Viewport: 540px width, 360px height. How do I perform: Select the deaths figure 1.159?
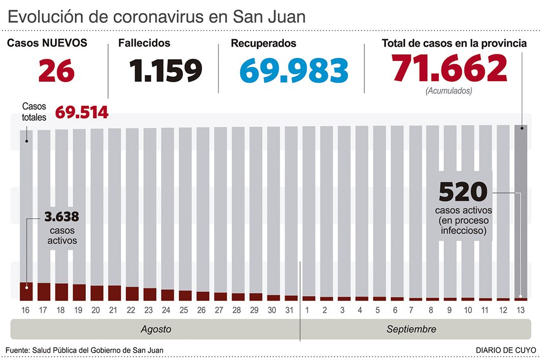click(x=165, y=71)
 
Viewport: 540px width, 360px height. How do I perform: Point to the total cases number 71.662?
click(x=449, y=69)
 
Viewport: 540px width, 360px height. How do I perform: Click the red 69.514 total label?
click(x=81, y=112)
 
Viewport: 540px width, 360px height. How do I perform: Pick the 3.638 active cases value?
click(x=62, y=217)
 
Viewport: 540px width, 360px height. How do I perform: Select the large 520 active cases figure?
click(x=462, y=192)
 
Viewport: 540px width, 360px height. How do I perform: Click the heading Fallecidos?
click(x=144, y=44)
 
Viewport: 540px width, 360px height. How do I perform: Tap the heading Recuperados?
click(x=263, y=44)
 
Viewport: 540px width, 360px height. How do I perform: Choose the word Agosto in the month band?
click(x=155, y=330)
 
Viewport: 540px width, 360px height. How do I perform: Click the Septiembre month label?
click(x=411, y=330)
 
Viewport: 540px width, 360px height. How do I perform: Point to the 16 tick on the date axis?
click(x=26, y=310)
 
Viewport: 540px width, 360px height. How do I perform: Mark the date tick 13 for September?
click(x=521, y=310)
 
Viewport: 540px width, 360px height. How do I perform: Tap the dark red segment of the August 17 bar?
click(x=44, y=291)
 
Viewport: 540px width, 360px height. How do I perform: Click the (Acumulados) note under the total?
click(x=449, y=91)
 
